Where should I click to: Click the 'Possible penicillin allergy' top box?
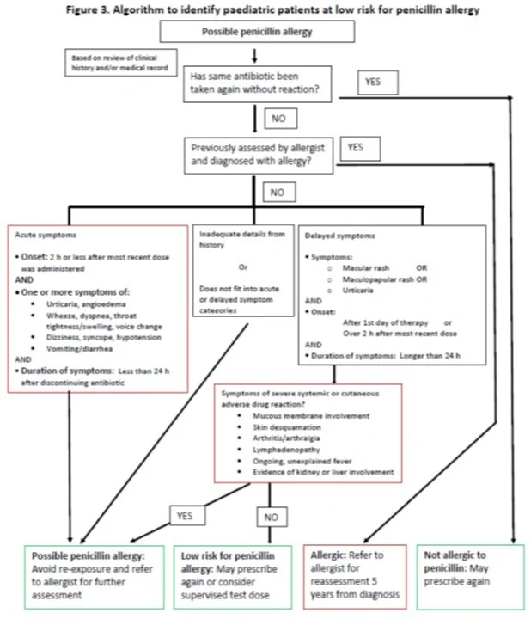click(x=257, y=32)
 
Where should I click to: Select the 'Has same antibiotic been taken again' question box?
click(x=257, y=84)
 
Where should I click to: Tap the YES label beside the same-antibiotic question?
click(x=377, y=83)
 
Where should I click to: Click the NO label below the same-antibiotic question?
click(x=280, y=119)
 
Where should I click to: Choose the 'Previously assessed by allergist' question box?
click(x=259, y=156)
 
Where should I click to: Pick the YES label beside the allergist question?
click(x=360, y=149)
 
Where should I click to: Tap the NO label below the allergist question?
click(x=279, y=193)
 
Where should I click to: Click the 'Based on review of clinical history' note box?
click(x=120, y=63)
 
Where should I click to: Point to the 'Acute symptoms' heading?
click(x=46, y=235)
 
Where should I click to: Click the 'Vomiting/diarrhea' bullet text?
click(x=79, y=348)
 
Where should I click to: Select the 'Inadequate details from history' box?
click(x=243, y=271)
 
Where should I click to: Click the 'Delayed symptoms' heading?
click(x=339, y=236)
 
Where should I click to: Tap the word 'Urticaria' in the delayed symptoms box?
click(x=357, y=291)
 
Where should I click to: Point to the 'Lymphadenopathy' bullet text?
click(x=286, y=450)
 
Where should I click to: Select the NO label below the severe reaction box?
click(x=272, y=517)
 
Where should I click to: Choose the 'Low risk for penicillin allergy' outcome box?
click(x=233, y=577)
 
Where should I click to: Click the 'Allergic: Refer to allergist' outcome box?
click(x=355, y=577)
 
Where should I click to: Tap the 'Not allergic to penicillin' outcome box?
click(x=471, y=577)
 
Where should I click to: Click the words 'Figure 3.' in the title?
click(x=87, y=9)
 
